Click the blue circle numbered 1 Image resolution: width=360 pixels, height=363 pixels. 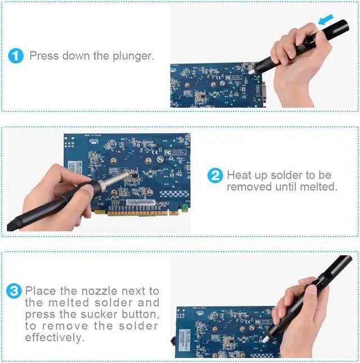pos(16,56)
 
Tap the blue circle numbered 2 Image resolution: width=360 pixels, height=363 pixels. pos(215,175)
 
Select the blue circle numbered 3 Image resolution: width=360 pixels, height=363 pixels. pos(14,291)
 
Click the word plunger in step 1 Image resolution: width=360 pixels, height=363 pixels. pos(133,56)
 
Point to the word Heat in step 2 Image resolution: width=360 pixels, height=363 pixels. pos(240,175)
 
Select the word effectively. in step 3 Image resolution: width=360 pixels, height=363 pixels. pos(55,338)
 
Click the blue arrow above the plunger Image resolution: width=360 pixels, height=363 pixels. pos(326,20)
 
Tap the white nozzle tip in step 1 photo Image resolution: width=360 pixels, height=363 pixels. pos(251,71)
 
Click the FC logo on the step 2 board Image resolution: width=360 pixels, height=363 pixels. pos(168,152)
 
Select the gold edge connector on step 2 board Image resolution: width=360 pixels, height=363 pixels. pos(137,212)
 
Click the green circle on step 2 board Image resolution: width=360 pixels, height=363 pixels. pos(184,206)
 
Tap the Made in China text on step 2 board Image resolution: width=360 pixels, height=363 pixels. pos(93,135)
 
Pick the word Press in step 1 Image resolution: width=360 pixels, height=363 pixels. pos(44,56)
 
